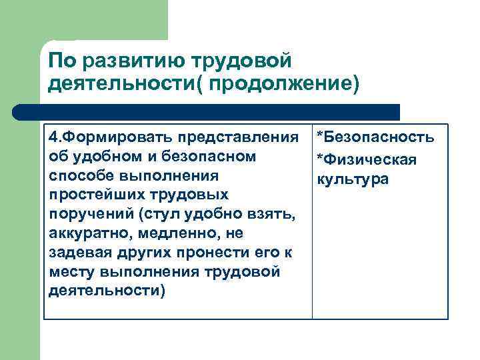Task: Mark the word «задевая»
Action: tap(77, 253)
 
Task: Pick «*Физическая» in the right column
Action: tap(367, 160)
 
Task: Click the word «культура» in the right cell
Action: tap(353, 179)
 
